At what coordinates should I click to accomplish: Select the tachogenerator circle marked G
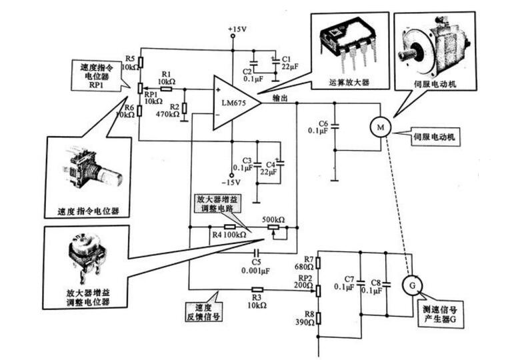click(x=411, y=285)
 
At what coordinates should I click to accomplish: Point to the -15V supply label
click(x=231, y=181)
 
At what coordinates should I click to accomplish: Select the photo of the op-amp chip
click(x=343, y=43)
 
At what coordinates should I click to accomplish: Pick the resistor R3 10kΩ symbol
click(x=257, y=289)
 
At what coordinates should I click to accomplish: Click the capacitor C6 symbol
click(x=335, y=127)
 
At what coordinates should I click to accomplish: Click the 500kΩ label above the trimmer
click(x=273, y=219)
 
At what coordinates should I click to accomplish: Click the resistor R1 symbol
click(x=166, y=88)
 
